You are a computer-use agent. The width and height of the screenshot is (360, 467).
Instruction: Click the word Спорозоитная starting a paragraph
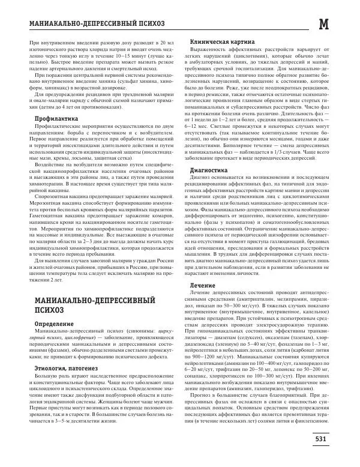[57, 196]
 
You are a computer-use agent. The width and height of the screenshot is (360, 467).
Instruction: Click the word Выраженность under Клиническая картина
[211, 49]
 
